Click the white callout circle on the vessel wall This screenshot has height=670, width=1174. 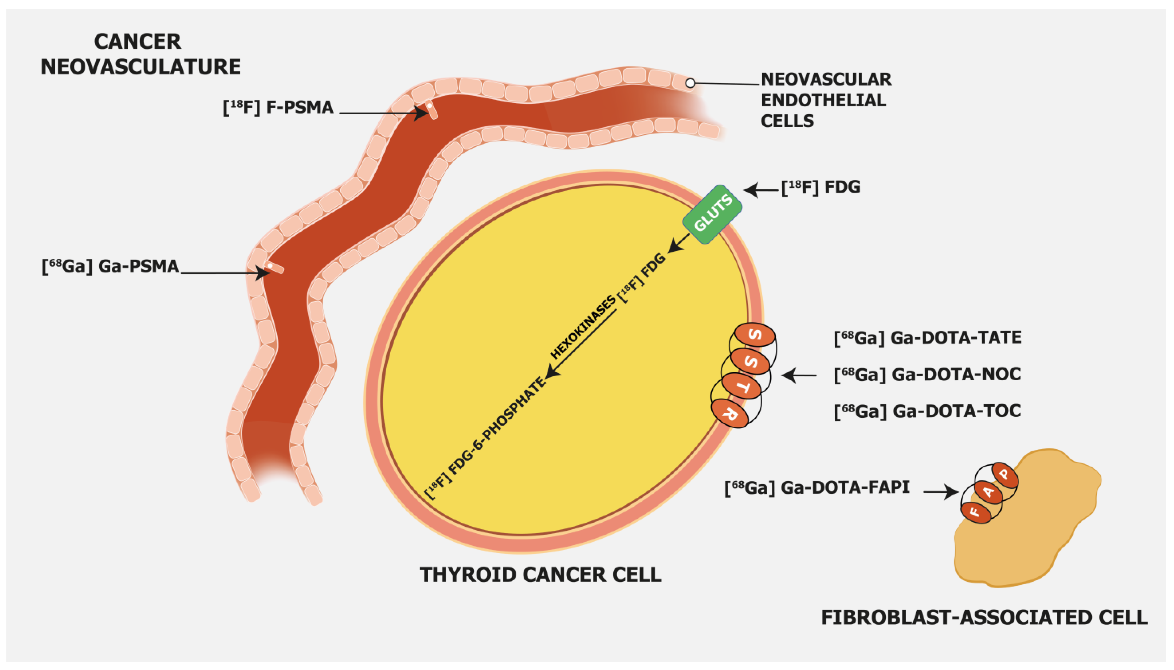[x=690, y=83]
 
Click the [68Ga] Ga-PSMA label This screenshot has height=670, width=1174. [x=110, y=267]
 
